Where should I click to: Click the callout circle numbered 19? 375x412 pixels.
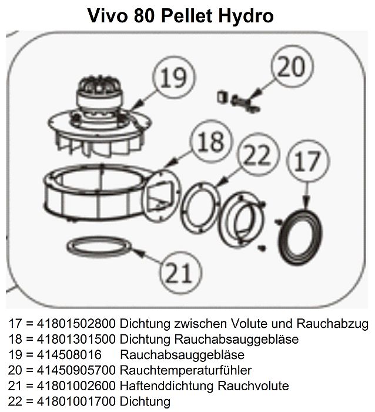[x=174, y=77]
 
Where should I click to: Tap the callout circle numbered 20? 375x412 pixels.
[x=292, y=66]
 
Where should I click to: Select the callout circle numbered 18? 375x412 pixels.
[x=211, y=141]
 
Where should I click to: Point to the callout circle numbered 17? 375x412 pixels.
[x=307, y=161]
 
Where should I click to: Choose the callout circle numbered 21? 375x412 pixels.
[x=180, y=273]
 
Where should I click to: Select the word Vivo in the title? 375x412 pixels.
[x=108, y=15]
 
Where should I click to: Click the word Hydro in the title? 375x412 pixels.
[x=246, y=16]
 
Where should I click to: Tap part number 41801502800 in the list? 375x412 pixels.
[x=76, y=324]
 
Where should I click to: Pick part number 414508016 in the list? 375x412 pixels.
[x=69, y=355]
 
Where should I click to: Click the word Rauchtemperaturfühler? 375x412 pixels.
[x=186, y=370]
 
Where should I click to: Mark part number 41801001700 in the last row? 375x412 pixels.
[x=76, y=401]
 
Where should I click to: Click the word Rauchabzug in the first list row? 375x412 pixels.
[x=333, y=324]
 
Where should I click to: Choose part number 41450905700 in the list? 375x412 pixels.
[x=76, y=370]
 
